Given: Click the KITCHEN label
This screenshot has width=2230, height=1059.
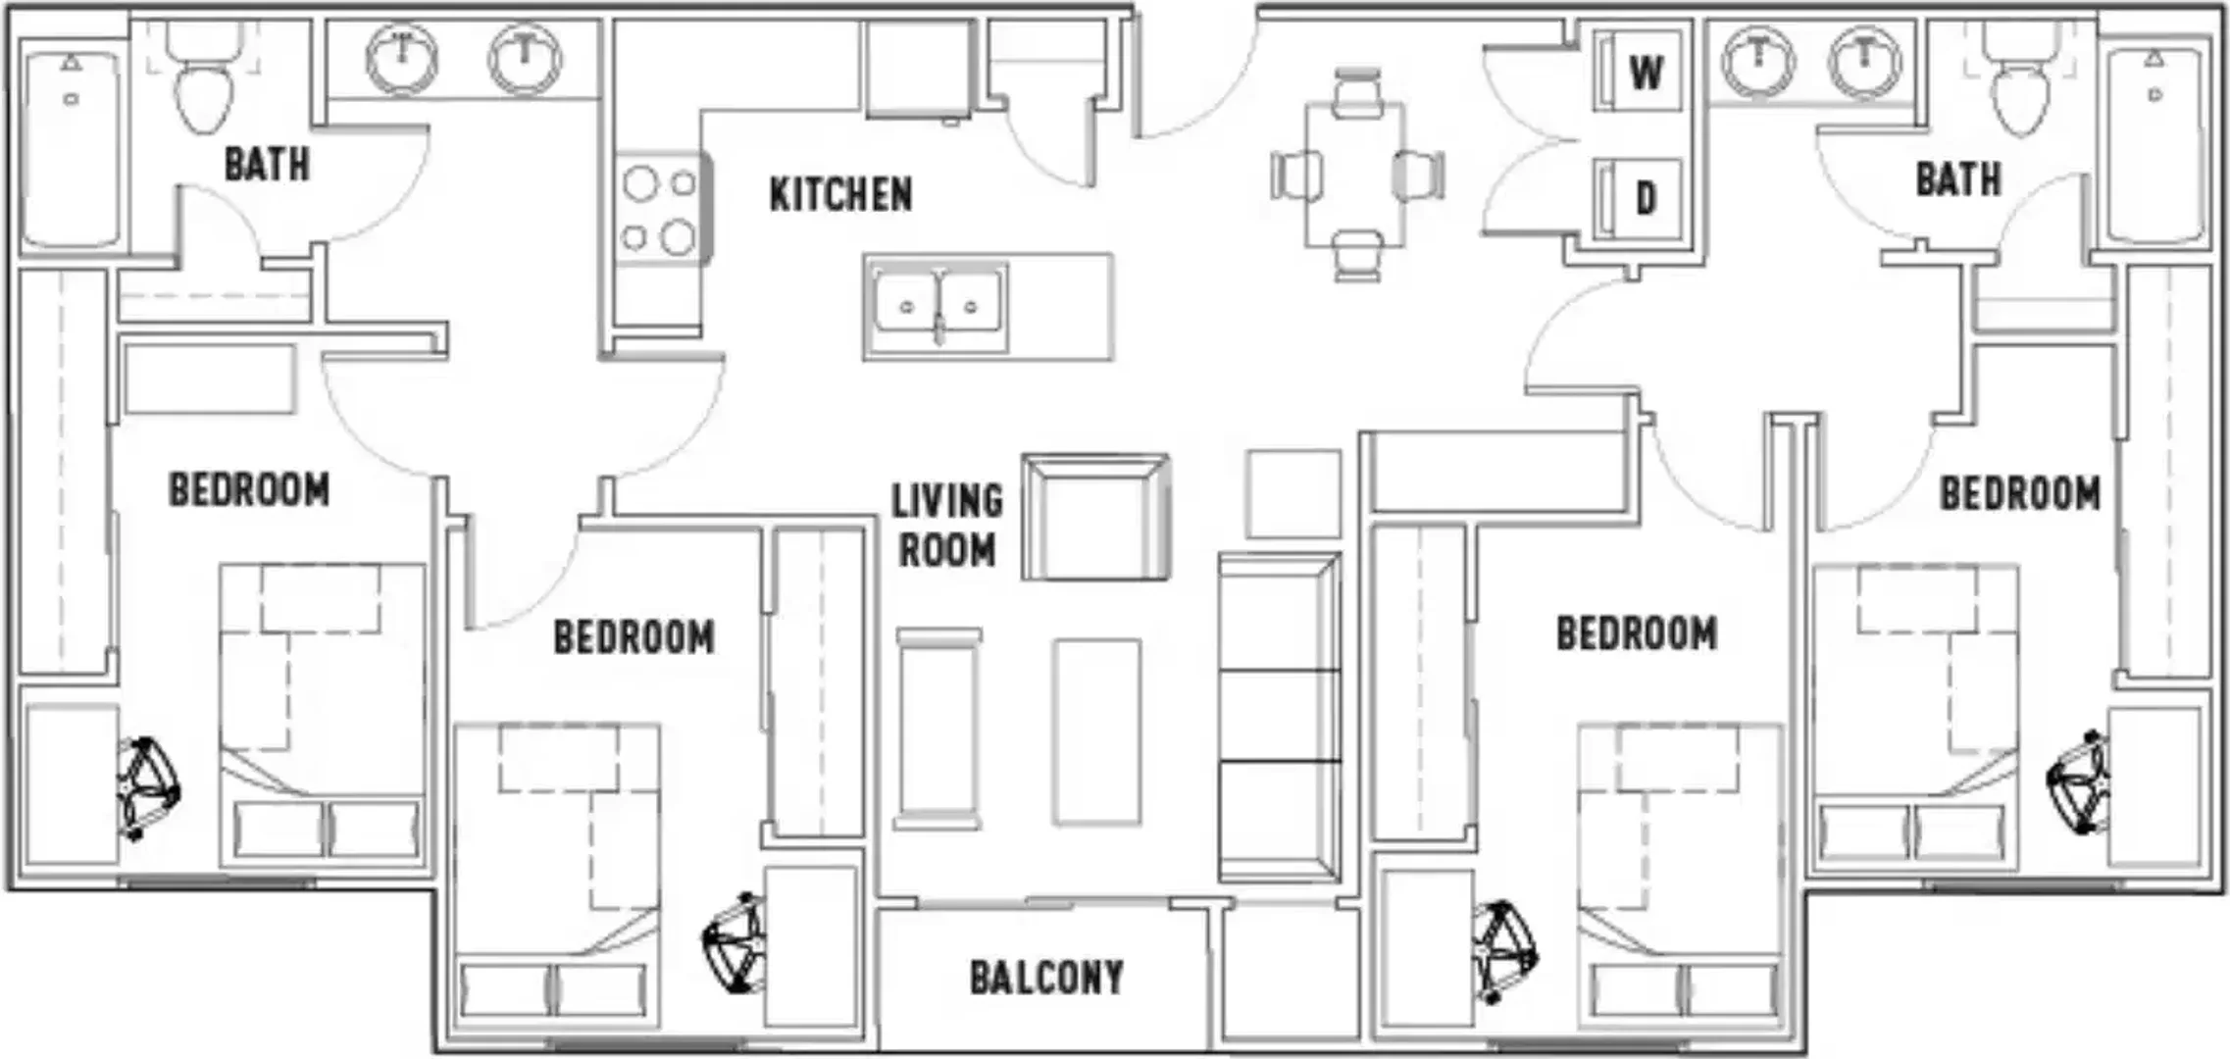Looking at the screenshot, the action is click(x=840, y=194).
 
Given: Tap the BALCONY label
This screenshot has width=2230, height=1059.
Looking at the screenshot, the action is click(x=1046, y=978).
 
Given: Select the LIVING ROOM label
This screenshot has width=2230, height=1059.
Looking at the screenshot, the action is click(x=947, y=526).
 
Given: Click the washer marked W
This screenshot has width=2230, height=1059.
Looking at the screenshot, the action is click(x=1637, y=71).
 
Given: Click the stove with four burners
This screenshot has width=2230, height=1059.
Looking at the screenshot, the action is click(x=660, y=209).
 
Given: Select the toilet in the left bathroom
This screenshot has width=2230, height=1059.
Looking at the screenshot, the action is click(x=205, y=78).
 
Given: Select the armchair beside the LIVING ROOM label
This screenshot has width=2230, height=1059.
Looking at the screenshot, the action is click(x=1095, y=517).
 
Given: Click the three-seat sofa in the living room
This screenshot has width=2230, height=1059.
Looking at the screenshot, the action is click(x=1280, y=718).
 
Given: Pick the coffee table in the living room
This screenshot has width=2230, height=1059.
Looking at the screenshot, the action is click(x=1096, y=731).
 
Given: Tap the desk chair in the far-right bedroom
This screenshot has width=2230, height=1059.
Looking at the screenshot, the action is click(x=2079, y=782).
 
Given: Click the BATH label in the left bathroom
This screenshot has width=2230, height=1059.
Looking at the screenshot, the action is click(x=267, y=164).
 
